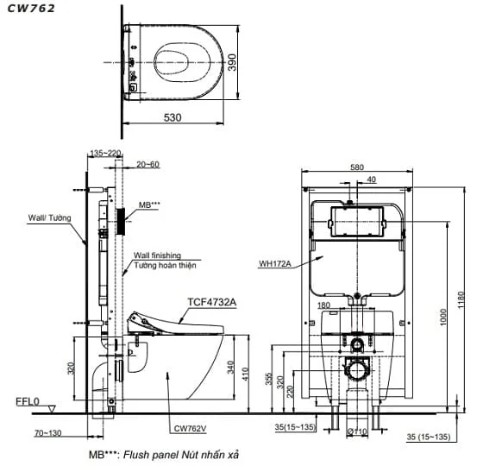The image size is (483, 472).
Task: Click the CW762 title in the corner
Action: pos(31,9)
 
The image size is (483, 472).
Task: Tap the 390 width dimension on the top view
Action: pos(232,62)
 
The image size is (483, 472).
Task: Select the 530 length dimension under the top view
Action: pos(172,117)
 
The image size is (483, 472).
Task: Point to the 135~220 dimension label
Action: pos(105,153)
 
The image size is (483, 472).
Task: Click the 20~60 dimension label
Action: pos(147,165)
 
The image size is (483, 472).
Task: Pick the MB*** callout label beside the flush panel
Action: pos(149,205)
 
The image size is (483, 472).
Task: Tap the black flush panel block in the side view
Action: pos(121,222)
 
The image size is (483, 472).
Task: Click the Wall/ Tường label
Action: pos(50,217)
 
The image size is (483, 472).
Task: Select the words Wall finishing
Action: pos(157,255)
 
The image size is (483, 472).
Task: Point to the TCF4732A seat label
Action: pos(212,302)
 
